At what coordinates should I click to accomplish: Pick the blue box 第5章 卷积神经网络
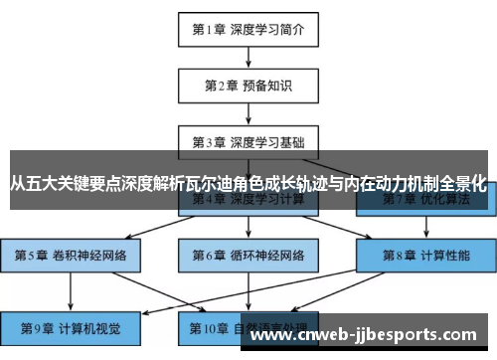[71, 255]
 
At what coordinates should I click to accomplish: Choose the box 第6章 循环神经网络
[248, 255]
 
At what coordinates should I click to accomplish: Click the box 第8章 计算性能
[427, 255]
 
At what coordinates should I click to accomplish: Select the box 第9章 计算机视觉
[71, 327]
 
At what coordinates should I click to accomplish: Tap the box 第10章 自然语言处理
[248, 327]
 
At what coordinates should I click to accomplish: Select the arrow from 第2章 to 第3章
[248, 112]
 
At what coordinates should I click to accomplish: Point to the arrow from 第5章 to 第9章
[71, 290]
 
